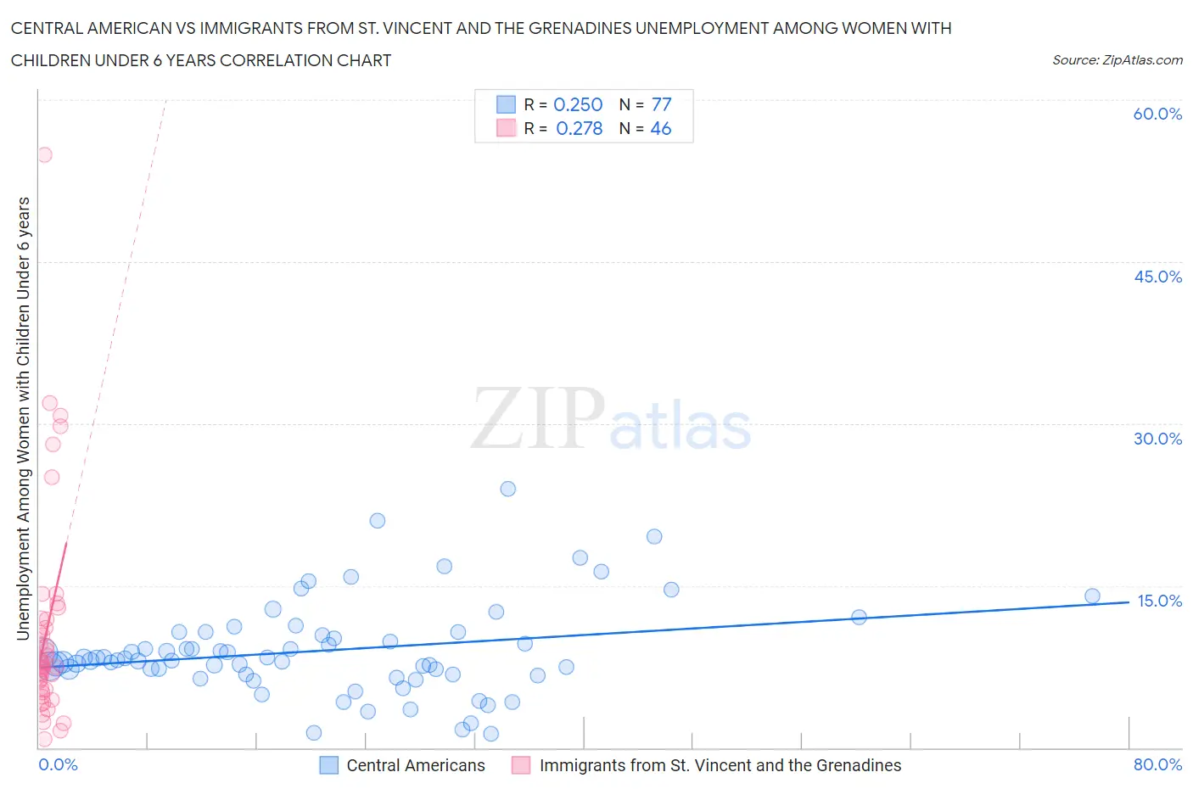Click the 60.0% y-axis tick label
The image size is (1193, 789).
click(1157, 114)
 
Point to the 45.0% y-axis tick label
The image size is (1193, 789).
click(1157, 277)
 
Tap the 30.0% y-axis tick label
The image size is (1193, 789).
click(1157, 439)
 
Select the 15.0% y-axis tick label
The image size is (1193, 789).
click(1159, 601)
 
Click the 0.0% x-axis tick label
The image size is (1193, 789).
click(58, 764)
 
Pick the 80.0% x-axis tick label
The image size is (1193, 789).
click(1157, 764)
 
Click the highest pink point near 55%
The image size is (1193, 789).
click(44, 154)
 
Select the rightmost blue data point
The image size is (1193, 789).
click(1092, 596)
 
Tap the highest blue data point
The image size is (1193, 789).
click(507, 489)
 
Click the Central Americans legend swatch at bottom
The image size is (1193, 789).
click(328, 765)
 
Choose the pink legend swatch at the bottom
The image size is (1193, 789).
click(521, 765)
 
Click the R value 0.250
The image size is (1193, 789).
click(578, 104)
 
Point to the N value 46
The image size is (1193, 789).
click(660, 128)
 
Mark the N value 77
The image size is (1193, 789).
click(661, 104)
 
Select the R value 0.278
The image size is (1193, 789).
click(579, 128)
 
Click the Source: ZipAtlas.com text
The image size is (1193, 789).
click(1117, 59)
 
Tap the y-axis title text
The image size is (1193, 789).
click(23, 418)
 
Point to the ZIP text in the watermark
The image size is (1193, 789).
click(538, 418)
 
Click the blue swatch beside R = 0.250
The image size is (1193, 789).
click(506, 104)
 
